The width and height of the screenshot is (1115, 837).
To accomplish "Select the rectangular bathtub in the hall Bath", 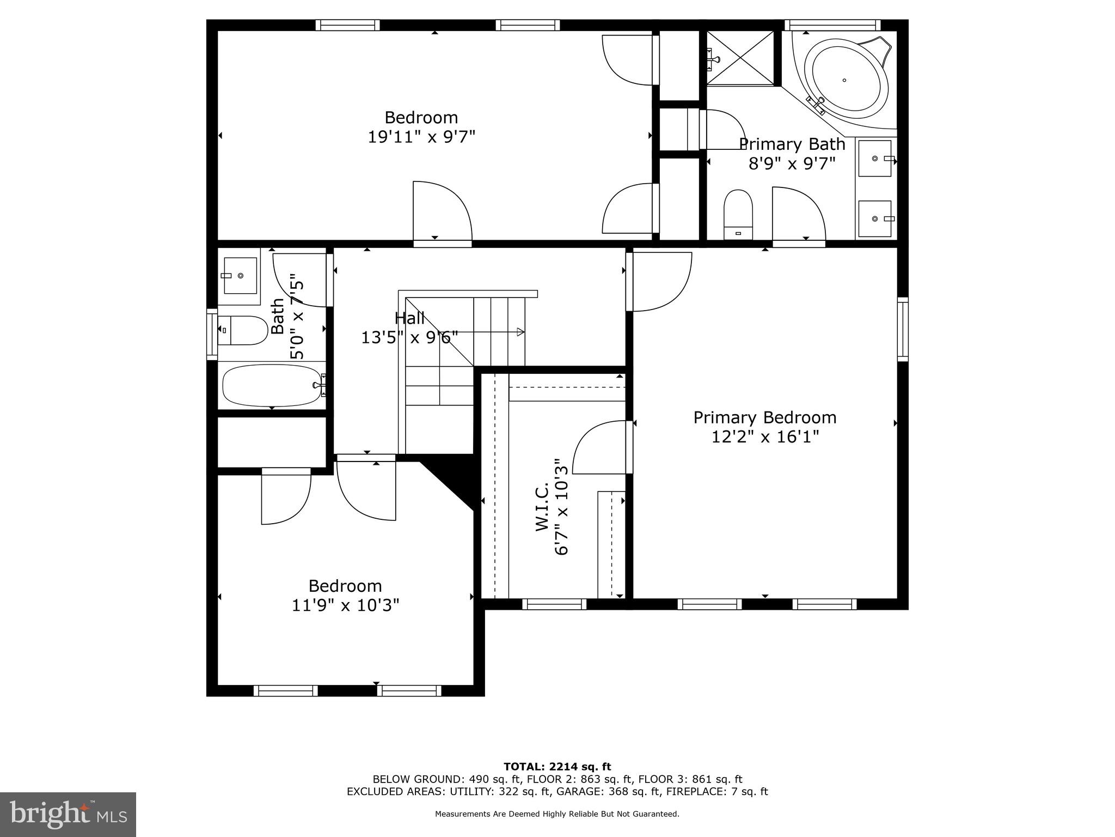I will click(x=272, y=385).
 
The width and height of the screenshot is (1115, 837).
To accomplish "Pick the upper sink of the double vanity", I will click(x=875, y=159).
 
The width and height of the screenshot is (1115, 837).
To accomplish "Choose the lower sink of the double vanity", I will click(x=875, y=219).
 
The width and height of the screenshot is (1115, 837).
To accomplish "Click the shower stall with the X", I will click(x=740, y=57).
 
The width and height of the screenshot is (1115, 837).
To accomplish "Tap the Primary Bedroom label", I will click(x=764, y=418).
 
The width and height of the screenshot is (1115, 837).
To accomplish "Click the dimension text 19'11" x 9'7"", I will click(x=421, y=136).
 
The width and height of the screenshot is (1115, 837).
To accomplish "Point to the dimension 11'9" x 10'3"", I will click(x=345, y=605).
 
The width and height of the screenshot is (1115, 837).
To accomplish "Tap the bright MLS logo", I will click(x=68, y=814).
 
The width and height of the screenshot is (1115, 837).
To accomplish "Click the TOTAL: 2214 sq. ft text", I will click(x=557, y=767).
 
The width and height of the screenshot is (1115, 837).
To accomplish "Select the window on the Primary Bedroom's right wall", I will click(x=903, y=329).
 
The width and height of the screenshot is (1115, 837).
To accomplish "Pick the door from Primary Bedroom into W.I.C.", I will click(x=602, y=447).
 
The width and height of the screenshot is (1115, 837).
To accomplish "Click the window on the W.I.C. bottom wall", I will click(x=554, y=604).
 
